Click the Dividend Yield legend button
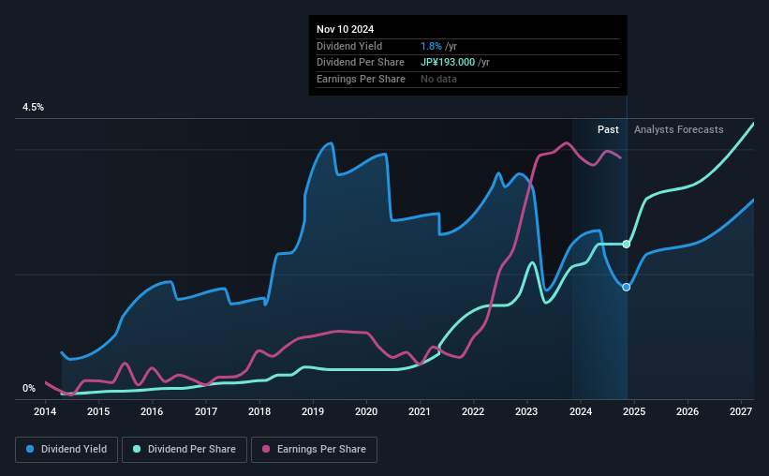(x=67, y=450)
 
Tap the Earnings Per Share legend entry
(x=314, y=450)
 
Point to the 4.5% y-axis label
(x=33, y=108)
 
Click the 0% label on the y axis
(x=29, y=388)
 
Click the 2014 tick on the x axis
(x=46, y=411)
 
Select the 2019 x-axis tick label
(x=313, y=411)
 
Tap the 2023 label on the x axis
(x=526, y=411)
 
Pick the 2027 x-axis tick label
(x=740, y=411)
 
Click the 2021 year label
(x=420, y=411)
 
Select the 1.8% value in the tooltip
(x=432, y=46)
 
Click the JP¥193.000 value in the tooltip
(x=448, y=63)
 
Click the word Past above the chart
(x=608, y=129)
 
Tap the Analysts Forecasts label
(x=678, y=129)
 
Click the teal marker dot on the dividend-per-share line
(x=627, y=244)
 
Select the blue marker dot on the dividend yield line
(x=627, y=287)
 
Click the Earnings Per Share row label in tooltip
(x=361, y=80)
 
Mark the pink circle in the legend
(x=265, y=450)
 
